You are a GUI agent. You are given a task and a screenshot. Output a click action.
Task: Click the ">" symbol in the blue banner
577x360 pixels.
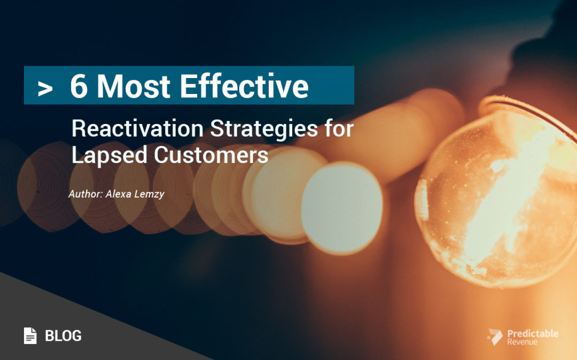pos(45,89)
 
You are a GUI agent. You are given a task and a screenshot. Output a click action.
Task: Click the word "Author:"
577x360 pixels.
pos(86,194)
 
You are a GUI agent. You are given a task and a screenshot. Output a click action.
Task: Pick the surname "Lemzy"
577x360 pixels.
pos(151,194)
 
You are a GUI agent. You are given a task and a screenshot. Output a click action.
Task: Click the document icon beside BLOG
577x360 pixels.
pos(30,335)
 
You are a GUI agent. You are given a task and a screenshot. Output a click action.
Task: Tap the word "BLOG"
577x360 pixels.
pos(63,336)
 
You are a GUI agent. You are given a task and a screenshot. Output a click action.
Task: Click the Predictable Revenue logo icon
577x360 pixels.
pos(494,337)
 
